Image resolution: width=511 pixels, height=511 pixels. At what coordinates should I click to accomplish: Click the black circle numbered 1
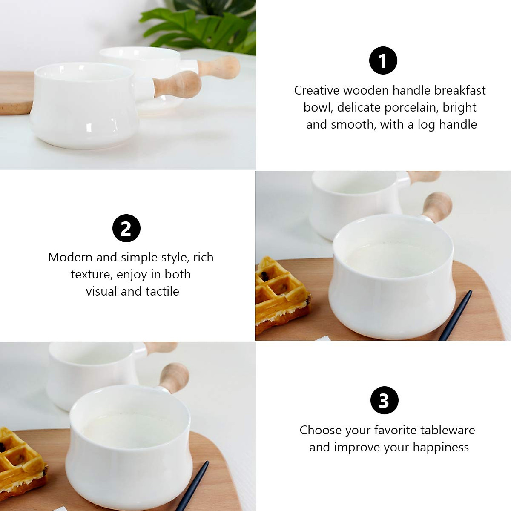point(383,60)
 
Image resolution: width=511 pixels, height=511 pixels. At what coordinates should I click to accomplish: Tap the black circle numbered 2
point(126,228)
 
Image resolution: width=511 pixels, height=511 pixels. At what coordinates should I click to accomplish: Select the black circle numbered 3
point(384,400)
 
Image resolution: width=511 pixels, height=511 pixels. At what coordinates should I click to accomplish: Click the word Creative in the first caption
point(316,90)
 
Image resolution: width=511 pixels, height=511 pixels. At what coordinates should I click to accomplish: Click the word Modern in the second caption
point(70,257)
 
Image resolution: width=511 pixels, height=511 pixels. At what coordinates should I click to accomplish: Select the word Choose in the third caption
point(320,430)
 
